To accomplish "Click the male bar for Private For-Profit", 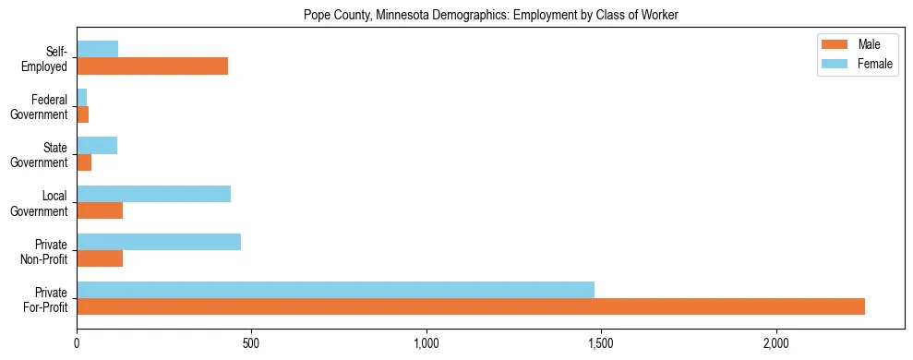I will tap(471, 306).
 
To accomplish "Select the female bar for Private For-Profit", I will tap(335, 290).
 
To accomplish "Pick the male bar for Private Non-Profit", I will tap(100, 258).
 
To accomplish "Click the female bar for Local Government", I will tap(153, 194).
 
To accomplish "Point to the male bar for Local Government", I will tap(100, 210).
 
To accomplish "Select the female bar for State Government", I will tap(97, 146).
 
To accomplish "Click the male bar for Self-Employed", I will tap(152, 66).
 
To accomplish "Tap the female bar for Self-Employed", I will tap(97, 50).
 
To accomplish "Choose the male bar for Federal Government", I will tap(82, 114).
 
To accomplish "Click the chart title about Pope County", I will tap(490, 15).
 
